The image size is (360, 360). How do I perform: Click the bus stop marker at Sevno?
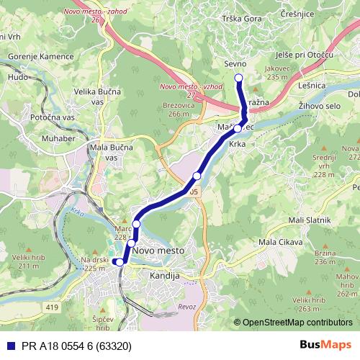pyautogui.click(x=239, y=78)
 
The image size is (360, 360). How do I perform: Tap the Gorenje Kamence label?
pyautogui.click(x=42, y=56)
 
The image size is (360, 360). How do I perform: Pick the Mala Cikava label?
pyautogui.click(x=279, y=242)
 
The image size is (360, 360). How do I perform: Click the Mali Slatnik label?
pyautogui.click(x=309, y=219)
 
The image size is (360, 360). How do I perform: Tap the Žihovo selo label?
pyautogui.click(x=320, y=105)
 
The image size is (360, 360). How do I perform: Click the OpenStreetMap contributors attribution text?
pyautogui.click(x=297, y=323)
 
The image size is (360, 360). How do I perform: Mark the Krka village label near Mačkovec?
pyautogui.click(x=237, y=144)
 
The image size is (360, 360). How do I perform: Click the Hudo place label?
pyautogui.click(x=17, y=76)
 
